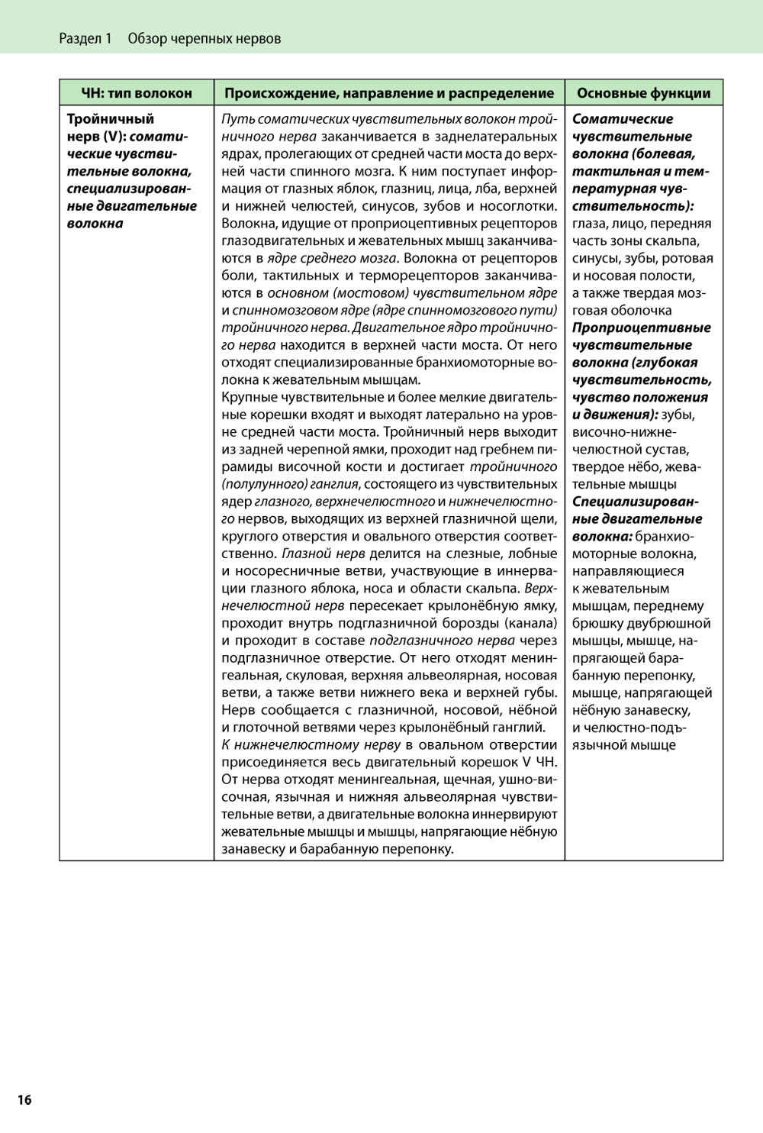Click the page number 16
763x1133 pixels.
pos(24,1099)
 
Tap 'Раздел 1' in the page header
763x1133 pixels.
pos(85,38)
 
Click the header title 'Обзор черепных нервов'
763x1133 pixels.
pos(204,38)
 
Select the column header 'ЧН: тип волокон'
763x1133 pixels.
pos(137,93)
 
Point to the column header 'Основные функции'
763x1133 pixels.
pos(644,93)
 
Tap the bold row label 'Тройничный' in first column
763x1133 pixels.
pos(111,119)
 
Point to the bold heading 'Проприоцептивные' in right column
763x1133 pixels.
pos(642,328)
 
